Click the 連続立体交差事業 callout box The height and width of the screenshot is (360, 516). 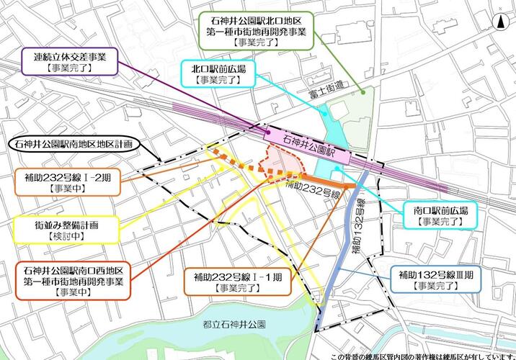coord(68,61)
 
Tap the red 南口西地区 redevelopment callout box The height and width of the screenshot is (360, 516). coord(72,281)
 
